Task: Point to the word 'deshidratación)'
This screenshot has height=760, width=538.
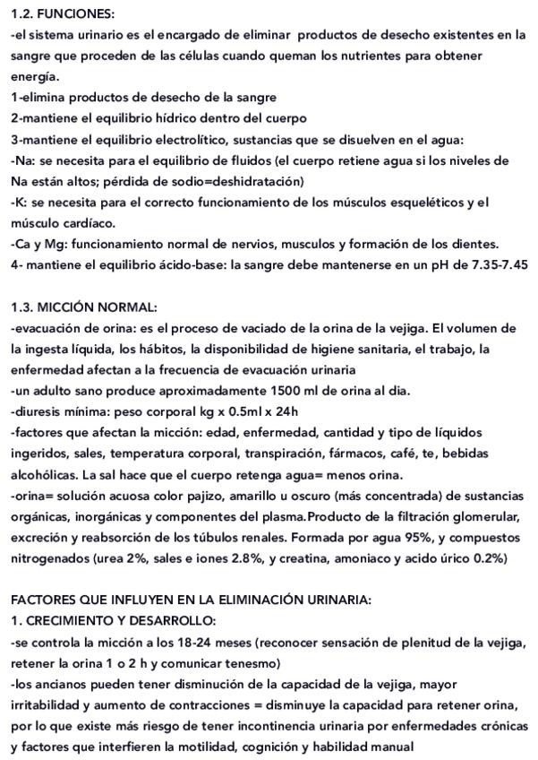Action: pos(259,181)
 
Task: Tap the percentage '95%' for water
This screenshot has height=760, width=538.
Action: pos(403,538)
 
